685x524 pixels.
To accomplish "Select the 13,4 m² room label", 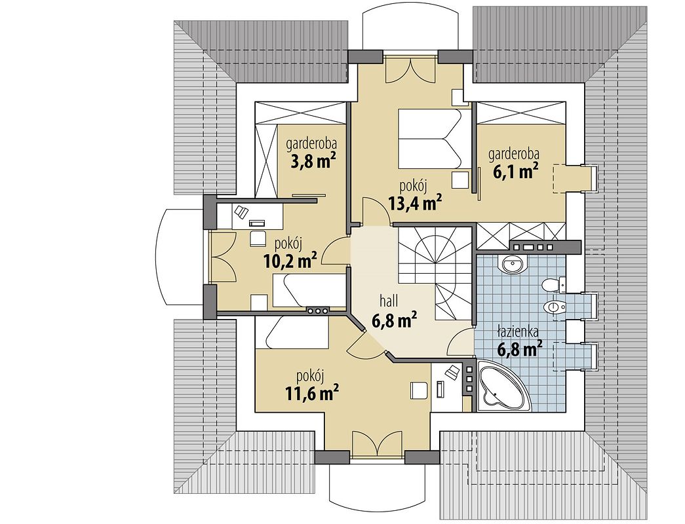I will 414,202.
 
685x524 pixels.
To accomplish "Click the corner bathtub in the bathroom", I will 499,386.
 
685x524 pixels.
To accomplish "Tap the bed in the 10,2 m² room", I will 308,290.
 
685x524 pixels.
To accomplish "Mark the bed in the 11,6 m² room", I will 297,332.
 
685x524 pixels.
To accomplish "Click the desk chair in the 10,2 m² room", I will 241,212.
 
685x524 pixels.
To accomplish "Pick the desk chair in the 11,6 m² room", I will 452,372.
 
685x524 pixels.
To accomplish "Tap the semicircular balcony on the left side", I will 179,258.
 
